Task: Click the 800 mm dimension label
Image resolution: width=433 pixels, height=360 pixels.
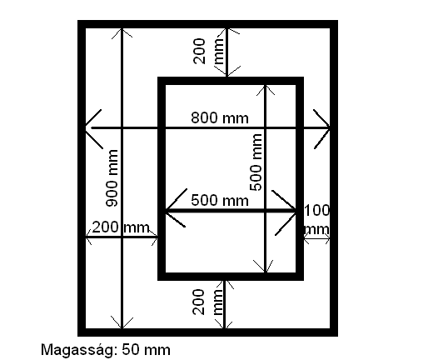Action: [220, 117]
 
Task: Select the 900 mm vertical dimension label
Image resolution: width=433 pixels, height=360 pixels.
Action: [112, 178]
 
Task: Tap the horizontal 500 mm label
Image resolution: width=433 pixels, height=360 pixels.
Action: [220, 200]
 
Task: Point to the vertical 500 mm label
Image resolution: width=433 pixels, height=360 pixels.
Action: [256, 162]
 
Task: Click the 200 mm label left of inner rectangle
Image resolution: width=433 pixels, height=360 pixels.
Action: [121, 227]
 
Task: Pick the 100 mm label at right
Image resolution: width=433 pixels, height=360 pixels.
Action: [317, 219]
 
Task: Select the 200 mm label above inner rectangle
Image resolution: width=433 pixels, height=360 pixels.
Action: [208, 51]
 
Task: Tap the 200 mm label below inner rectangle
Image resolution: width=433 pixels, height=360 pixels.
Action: [207, 302]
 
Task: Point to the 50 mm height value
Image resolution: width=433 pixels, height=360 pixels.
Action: [146, 349]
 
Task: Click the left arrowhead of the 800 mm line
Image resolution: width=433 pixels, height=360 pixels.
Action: [93, 128]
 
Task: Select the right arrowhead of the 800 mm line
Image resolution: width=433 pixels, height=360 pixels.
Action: [322, 128]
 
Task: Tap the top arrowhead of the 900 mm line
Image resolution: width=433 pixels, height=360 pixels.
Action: [122, 32]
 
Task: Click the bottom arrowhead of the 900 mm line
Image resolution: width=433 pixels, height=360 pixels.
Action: [122, 322]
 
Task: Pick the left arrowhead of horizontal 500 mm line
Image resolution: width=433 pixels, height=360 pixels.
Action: [176, 208]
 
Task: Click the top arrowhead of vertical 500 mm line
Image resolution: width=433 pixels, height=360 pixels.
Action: [266, 90]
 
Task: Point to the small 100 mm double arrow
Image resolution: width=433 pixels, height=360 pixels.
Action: [316, 238]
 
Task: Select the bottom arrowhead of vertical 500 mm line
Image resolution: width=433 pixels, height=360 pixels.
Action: [264, 266]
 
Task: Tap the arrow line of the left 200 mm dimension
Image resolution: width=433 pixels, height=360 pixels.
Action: [122, 237]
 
